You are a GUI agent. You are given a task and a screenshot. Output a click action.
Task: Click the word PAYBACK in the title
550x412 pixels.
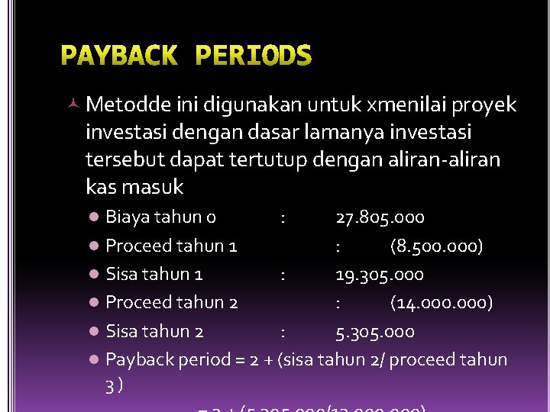[118, 56]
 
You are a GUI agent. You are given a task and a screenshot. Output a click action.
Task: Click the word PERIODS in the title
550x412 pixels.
[254, 56]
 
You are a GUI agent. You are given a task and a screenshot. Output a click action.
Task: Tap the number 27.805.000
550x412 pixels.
[380, 217]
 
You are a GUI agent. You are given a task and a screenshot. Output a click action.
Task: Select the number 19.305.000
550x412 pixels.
[380, 275]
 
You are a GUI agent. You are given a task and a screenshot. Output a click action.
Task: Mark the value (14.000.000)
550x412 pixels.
[442, 303]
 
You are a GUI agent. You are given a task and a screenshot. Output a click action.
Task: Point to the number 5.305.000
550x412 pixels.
[375, 331]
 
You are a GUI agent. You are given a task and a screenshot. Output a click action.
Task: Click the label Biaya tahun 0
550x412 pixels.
[160, 217]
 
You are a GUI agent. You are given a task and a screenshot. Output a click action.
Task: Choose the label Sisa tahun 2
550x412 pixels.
[154, 331]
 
